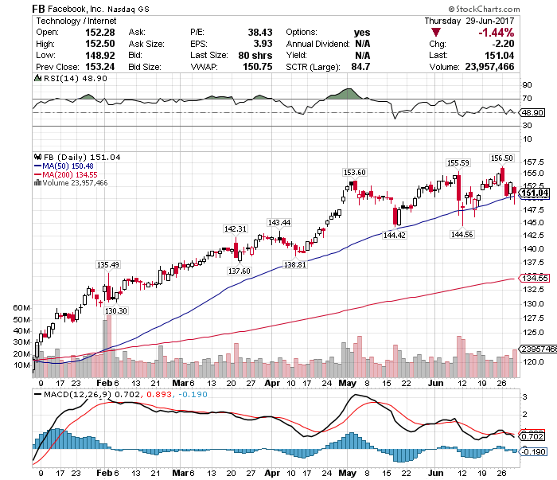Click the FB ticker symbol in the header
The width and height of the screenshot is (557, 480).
(38, 8)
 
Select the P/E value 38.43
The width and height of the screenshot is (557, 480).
(249, 31)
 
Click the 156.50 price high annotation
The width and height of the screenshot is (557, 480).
(501, 158)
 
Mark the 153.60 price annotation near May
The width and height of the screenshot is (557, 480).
(354, 173)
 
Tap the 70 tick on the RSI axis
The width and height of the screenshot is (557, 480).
(527, 99)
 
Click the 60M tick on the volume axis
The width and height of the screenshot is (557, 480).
(21, 306)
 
